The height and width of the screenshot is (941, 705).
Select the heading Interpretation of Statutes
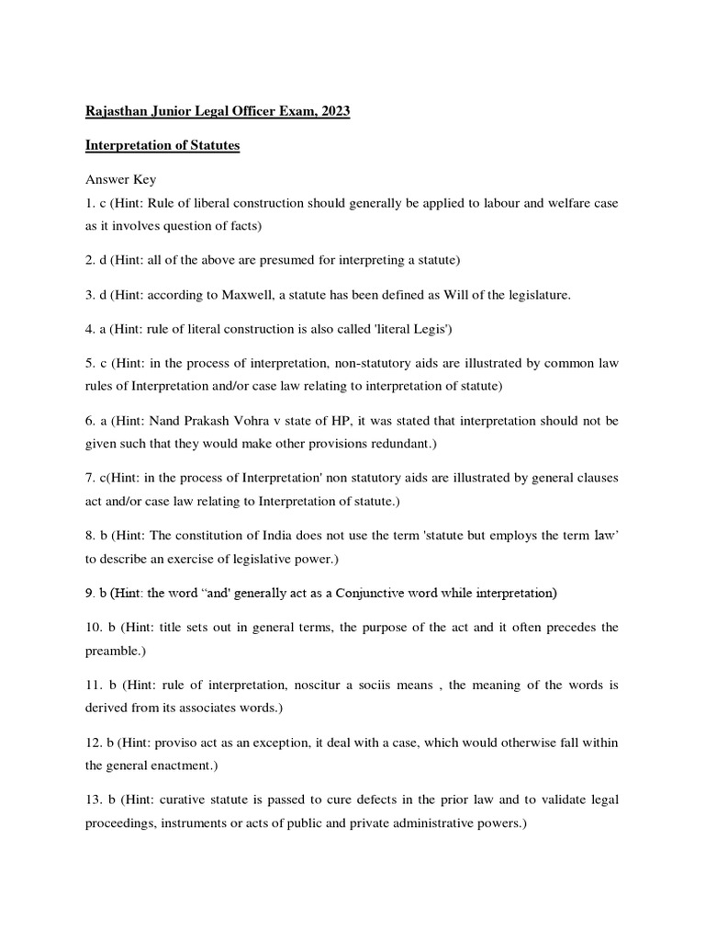[x=162, y=147]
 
